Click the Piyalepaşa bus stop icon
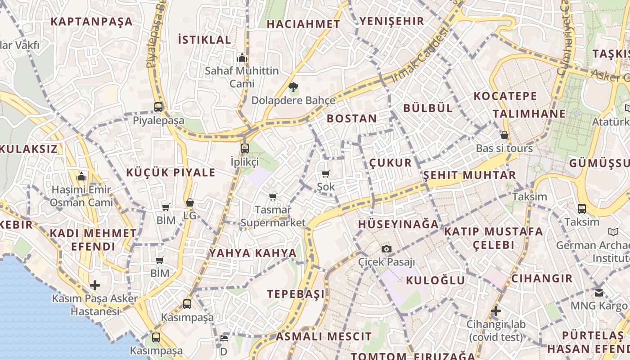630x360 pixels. coord(158,107)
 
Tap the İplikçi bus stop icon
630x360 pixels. coord(244,148)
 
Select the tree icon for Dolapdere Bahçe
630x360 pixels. coord(293,87)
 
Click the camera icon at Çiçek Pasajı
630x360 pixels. coord(386,249)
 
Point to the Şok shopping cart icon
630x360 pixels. coord(325,174)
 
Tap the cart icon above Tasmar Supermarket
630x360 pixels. coord(273,197)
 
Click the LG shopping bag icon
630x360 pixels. coord(190,203)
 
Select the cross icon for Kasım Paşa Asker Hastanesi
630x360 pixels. coord(94,285)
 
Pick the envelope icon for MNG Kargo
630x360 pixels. coord(599,292)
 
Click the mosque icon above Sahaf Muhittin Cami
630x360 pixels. coord(242,58)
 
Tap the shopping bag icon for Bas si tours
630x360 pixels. coord(504,135)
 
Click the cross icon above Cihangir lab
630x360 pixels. coord(495,311)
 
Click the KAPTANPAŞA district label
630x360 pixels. coord(91,21)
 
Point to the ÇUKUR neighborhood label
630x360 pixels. coord(391,162)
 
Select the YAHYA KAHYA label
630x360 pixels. coord(253,253)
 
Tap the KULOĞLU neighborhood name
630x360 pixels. coord(435,280)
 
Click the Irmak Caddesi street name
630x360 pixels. coord(420,55)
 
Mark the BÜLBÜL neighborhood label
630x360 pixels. coord(428,108)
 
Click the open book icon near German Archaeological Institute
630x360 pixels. coord(613,232)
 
